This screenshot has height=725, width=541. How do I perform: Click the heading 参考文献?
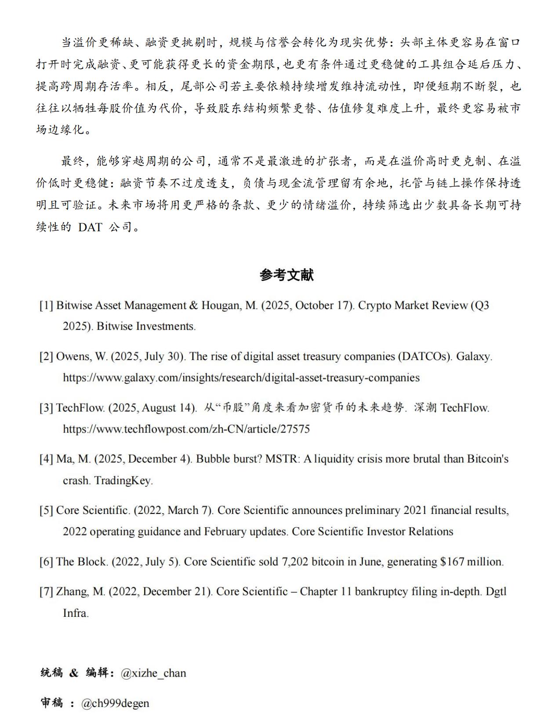pos(286,275)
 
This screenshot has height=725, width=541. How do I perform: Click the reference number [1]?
pos(46,306)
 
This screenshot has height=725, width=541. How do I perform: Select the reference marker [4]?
pos(46,459)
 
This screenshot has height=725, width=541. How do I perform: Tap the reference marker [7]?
pos(46,592)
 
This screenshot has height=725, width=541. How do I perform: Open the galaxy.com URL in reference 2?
pos(241,378)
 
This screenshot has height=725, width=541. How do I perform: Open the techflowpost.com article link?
pos(186,429)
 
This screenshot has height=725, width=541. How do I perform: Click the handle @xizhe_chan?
pos(153,673)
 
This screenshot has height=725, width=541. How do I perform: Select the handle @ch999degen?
pos(115,703)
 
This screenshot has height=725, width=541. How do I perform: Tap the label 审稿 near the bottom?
pos(52,703)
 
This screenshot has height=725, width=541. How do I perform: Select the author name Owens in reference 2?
pos(74,357)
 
